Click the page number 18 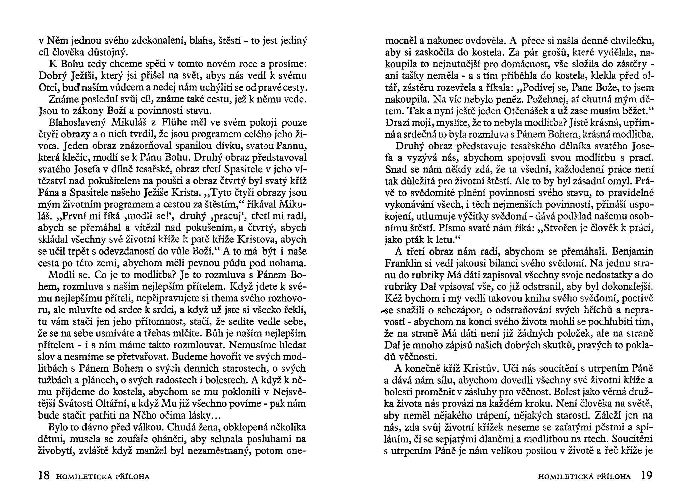click(x=44, y=476)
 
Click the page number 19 click(x=646, y=476)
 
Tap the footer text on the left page click(x=103, y=477)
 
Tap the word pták click(x=416, y=240)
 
